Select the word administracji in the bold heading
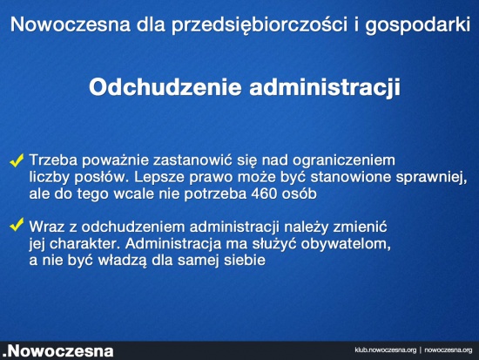325,88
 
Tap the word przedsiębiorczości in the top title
260,24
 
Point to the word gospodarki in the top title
417,24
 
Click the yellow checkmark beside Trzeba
17,160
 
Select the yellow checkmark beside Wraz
17,225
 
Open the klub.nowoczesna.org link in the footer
386,350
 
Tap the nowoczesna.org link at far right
449,350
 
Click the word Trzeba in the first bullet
53,160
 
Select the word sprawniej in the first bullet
431,178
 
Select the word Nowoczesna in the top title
71,24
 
